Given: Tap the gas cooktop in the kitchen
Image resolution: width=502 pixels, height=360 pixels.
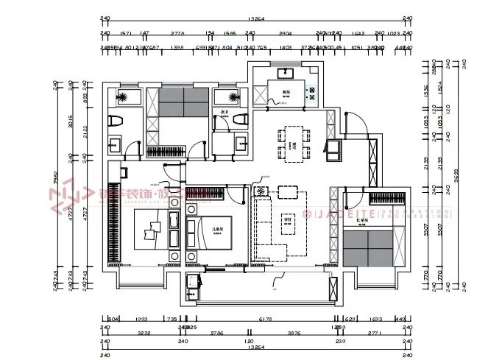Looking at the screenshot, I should pyautogui.click(x=311, y=93).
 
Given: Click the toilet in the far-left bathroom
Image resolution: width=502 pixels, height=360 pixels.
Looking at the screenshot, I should pyautogui.click(x=115, y=121).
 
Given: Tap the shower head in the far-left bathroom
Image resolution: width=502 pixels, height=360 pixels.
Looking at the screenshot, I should pyautogui.click(x=123, y=97).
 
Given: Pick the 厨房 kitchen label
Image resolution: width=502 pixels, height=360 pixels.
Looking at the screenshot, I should pyautogui.click(x=286, y=93).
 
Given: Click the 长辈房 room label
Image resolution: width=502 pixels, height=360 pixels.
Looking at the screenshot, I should pyautogui.click(x=361, y=219).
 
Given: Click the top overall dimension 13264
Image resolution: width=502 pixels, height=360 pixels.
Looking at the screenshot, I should pyautogui.click(x=257, y=19).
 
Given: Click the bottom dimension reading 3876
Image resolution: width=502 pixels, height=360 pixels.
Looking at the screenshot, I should pyautogui.click(x=292, y=333).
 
